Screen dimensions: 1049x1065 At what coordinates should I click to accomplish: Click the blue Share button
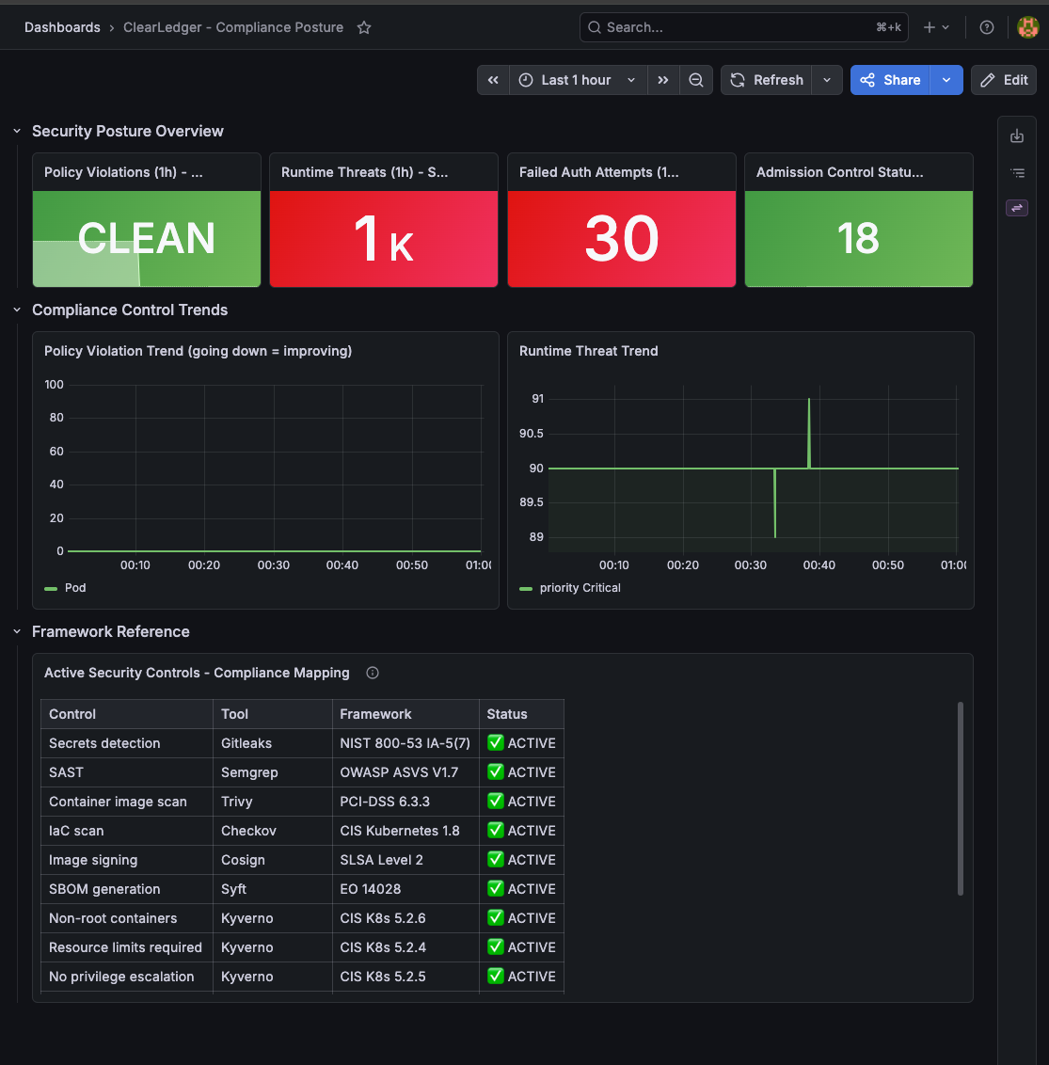coord(890,80)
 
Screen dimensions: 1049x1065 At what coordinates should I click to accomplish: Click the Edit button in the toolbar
coord(1004,80)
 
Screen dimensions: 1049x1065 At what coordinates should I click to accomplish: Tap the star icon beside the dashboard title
coord(364,27)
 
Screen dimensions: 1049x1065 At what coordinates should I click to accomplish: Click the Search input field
coord(744,27)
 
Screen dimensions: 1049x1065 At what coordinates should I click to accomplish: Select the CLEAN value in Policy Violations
coord(147,238)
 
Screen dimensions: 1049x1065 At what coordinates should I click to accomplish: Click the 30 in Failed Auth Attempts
coord(622,238)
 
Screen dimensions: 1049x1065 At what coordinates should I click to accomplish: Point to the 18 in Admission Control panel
coord(859,238)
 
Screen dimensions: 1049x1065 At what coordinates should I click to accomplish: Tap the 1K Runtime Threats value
coord(384,238)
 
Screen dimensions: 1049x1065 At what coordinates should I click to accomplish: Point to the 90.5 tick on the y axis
coord(532,434)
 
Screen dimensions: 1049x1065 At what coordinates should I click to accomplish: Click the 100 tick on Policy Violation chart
coord(55,385)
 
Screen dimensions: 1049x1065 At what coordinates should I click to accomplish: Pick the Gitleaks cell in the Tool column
coord(246,743)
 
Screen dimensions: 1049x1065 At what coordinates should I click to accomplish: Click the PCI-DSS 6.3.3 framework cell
coord(385,802)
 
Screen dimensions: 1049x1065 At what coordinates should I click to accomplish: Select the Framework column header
coord(375,714)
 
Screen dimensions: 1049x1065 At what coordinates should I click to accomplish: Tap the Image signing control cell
coord(93,860)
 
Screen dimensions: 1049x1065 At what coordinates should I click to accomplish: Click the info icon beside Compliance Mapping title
coord(373,673)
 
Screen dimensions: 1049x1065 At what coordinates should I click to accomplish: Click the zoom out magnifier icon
coord(695,80)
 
